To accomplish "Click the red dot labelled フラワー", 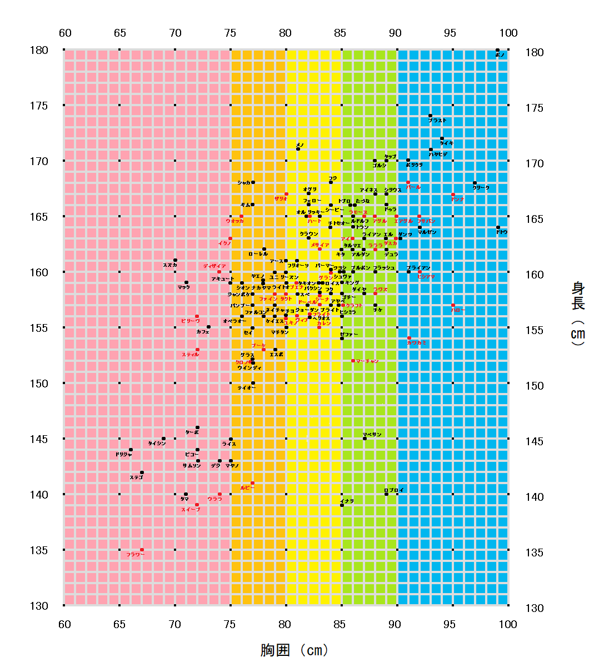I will tap(142, 550).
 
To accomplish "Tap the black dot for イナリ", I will tap(342, 505).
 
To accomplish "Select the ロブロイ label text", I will tap(395, 490).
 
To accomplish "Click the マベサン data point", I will tap(365, 439).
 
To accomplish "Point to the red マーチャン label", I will tap(367, 361).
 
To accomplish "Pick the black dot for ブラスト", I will tap(430, 116).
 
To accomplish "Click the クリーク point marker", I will tap(475, 182).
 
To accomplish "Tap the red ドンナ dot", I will tap(453, 194).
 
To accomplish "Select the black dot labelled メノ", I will tap(298, 149).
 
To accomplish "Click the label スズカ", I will tap(170, 265).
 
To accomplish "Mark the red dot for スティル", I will tap(197, 350).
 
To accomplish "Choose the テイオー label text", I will tap(247, 388).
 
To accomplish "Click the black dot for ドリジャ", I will tap(131, 450).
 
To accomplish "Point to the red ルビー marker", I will tap(252, 483).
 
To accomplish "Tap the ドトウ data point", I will tap(498, 227).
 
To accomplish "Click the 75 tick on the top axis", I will tap(230, 33).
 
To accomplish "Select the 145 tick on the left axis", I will tap(39, 439).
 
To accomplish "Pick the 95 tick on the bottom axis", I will tap(450, 624).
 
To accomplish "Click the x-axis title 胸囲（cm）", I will tap(294, 650).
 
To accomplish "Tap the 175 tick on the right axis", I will tap(535, 108).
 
